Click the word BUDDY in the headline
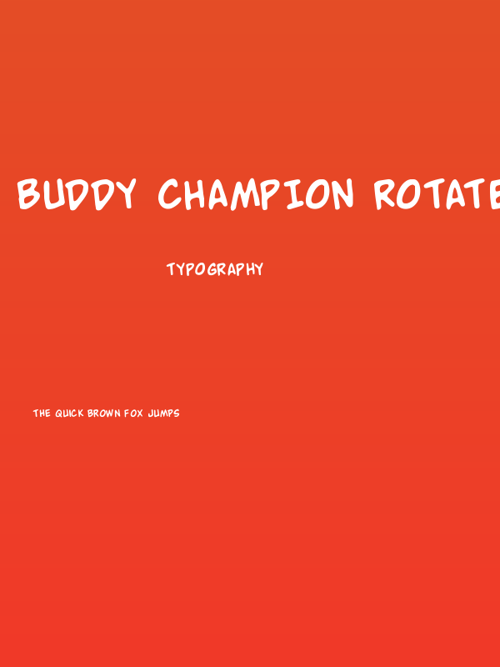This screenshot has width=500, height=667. (77, 194)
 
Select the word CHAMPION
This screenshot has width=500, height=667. (256, 194)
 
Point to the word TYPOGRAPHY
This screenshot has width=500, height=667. (215, 269)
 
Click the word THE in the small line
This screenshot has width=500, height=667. (42, 414)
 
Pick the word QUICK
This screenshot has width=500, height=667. (71, 414)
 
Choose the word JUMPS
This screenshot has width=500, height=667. (164, 414)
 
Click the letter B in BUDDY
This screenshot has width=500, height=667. (30, 194)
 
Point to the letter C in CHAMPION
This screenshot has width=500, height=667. (171, 194)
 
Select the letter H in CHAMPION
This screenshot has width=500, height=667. (197, 194)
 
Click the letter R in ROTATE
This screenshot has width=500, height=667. (387, 194)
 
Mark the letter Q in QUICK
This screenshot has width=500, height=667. (59, 414)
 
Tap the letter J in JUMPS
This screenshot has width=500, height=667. (150, 414)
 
